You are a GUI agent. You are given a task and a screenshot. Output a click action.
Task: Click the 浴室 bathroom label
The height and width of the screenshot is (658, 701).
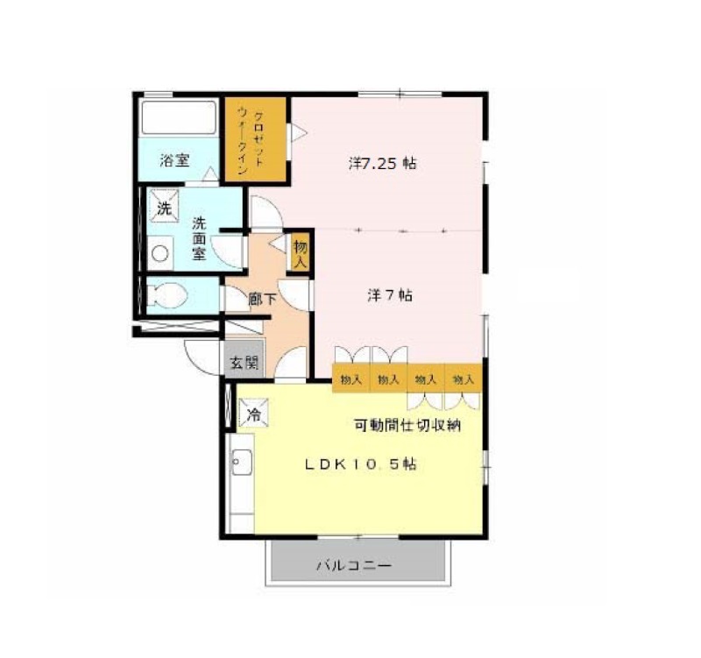coord(174,160)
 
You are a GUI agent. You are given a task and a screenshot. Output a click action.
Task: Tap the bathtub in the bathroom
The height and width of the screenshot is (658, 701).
coord(179,117)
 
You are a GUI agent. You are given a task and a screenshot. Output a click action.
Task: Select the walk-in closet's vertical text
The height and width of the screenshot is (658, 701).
coord(250,143)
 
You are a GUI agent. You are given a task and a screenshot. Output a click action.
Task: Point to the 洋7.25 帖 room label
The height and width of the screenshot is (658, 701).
coord(382,163)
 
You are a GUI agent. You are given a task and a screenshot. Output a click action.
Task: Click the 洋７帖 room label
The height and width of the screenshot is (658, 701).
coord(390,295)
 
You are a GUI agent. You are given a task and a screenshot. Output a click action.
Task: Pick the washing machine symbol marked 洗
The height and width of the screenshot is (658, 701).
coord(164,206)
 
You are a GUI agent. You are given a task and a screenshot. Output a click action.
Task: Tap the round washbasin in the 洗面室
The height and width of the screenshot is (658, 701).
coord(160,253)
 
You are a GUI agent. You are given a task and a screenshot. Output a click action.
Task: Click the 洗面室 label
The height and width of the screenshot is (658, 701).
coord(199,238)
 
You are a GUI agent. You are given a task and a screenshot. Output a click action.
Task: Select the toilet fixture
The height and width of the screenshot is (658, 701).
coord(166,295)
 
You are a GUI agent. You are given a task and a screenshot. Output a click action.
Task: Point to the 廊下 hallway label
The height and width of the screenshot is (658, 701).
coord(262,299)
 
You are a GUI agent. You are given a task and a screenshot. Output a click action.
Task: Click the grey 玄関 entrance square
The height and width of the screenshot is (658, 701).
coord(244,359)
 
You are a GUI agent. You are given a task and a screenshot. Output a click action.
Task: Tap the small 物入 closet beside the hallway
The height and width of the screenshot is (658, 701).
coord(301,253)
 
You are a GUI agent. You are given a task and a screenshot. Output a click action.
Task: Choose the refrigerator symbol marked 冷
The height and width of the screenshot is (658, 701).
coord(253,412)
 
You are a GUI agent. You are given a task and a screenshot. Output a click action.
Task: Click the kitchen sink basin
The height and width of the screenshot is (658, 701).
coord(242,463)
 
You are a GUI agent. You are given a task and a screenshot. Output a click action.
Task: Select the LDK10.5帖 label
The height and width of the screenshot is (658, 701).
coord(360,464)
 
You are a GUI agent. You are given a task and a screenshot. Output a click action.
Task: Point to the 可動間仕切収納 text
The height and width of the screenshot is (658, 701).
coord(407,425)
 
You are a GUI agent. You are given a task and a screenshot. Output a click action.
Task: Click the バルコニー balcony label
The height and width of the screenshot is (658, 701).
coord(354,565)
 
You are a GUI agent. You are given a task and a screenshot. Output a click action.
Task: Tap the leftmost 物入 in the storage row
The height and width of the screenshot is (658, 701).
coord(351,379)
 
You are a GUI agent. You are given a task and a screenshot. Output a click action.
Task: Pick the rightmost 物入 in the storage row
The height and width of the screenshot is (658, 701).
coord(464,379)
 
